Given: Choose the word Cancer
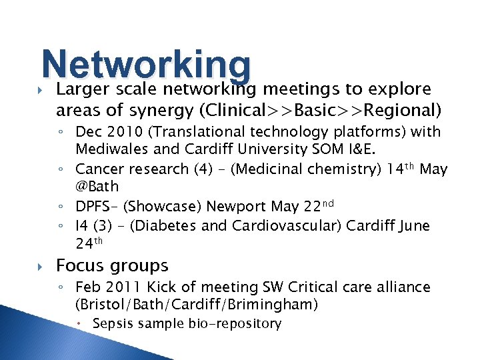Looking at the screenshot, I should [98, 169].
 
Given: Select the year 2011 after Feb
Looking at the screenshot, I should [122, 287].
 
